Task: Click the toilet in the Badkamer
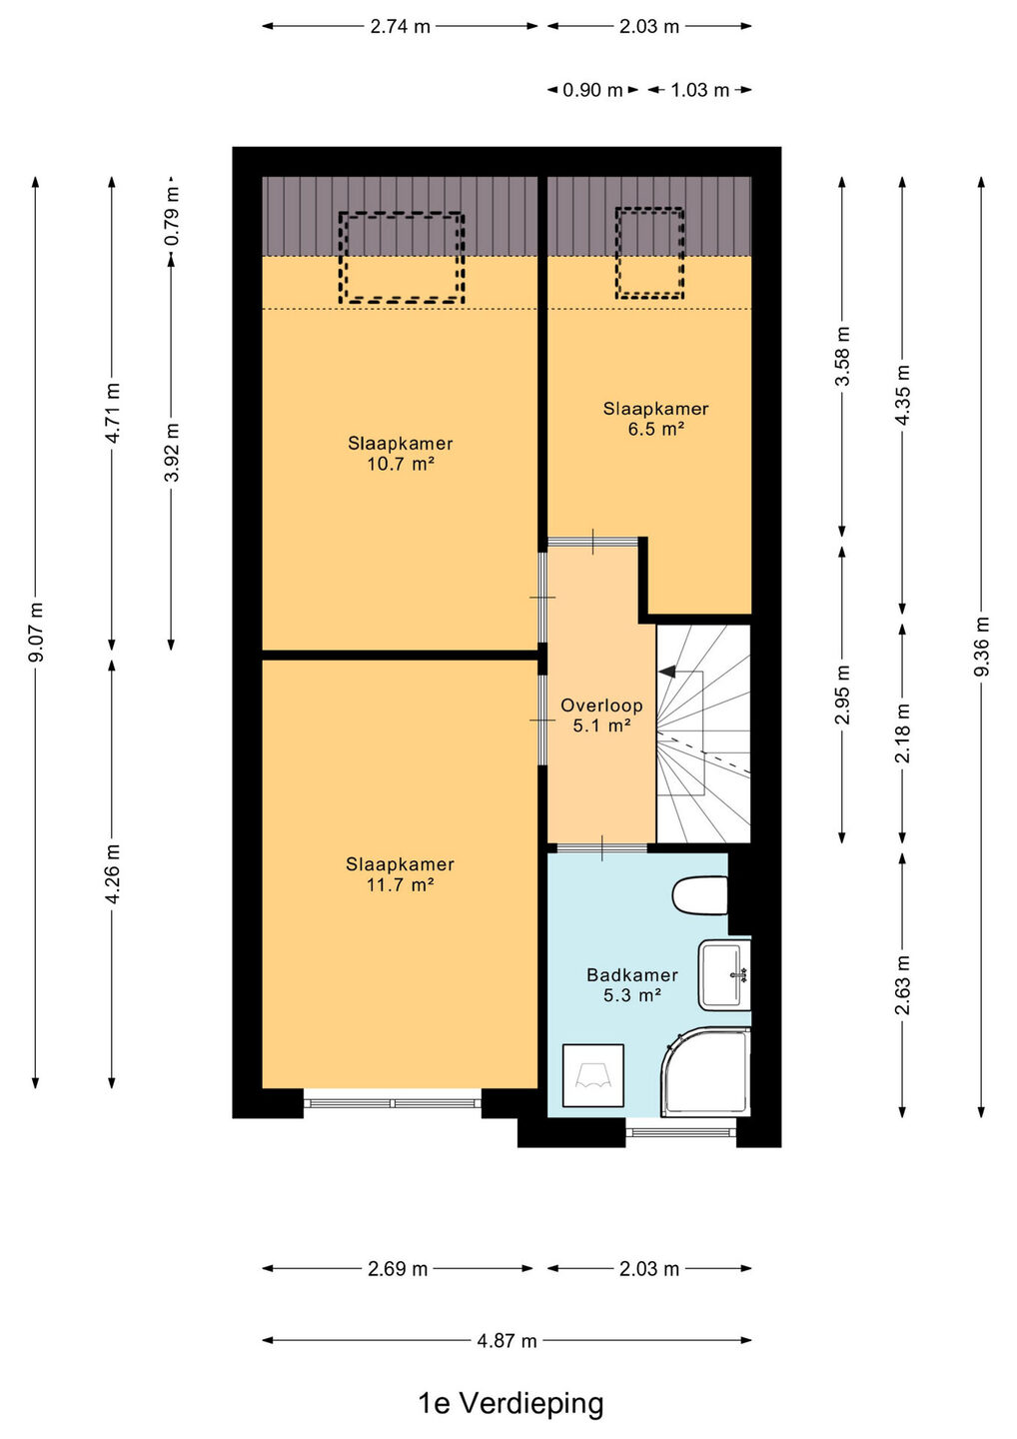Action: tap(700, 895)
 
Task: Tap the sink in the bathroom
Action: tap(724, 974)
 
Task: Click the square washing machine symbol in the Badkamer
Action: tap(593, 1075)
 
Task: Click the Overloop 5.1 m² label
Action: tap(601, 716)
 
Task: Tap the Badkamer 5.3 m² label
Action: tap(632, 985)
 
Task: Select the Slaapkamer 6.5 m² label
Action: tap(655, 418)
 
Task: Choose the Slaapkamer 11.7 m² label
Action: tap(400, 873)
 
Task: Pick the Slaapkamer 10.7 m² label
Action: tap(400, 453)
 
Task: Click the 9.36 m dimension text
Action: tap(981, 647)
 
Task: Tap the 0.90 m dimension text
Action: tap(592, 90)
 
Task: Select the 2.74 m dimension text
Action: tap(400, 26)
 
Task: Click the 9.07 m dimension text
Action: tap(36, 633)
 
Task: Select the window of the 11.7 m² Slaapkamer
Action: tap(393, 1103)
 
